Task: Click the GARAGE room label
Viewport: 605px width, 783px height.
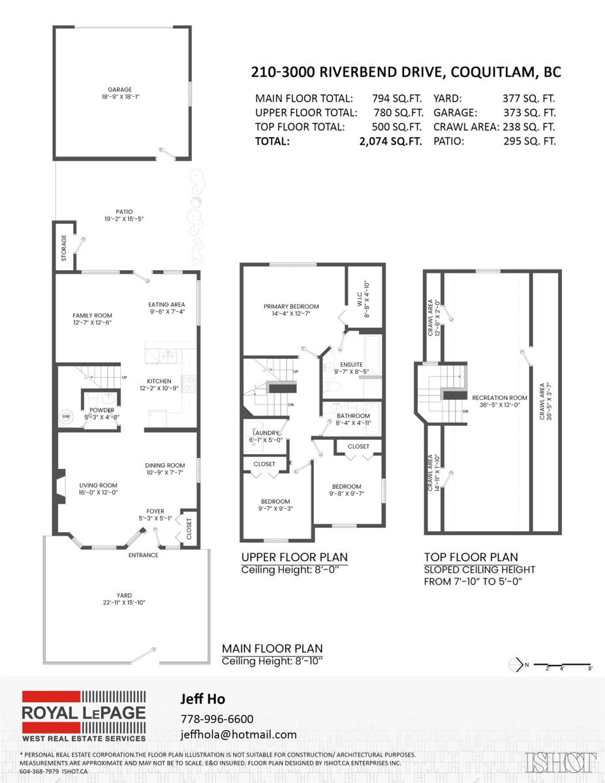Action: pos(120,89)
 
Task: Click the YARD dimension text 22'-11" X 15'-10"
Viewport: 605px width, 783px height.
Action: pos(124,602)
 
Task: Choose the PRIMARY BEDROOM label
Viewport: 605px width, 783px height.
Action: pos(291,307)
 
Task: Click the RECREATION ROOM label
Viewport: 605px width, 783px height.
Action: pos(499,397)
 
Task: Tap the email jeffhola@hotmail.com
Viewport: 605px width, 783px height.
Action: pos(238,734)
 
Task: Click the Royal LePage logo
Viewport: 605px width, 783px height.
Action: pos(84,716)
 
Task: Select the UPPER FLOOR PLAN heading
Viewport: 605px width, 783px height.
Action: pos(294,557)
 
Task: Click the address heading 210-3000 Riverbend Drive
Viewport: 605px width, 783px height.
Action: pos(407,72)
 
